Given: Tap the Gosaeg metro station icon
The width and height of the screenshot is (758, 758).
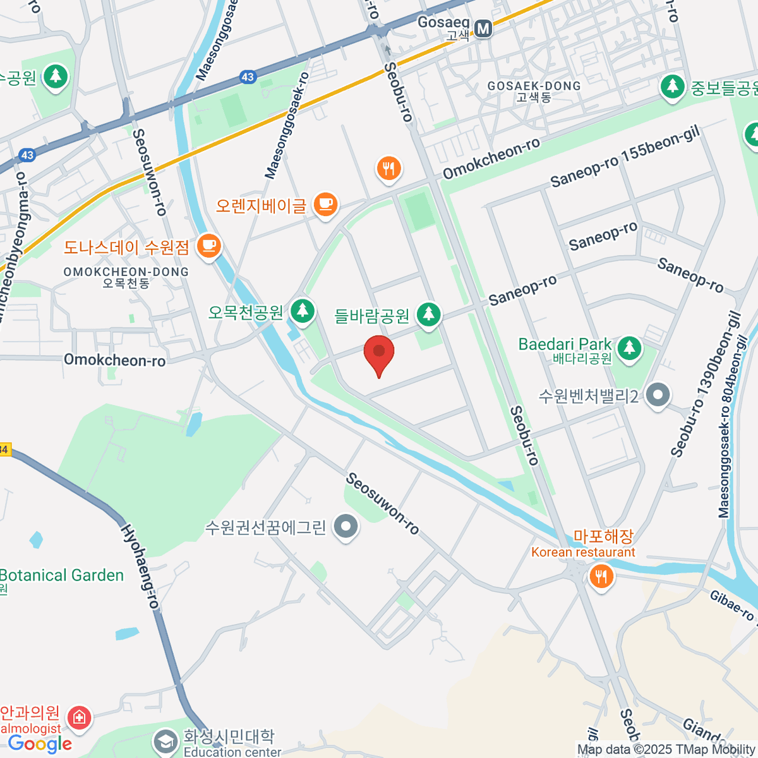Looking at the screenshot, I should coord(484,28).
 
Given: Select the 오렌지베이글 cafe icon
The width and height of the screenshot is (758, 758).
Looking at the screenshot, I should coord(325,205).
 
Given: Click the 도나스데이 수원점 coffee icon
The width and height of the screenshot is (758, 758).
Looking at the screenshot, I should coord(208,246).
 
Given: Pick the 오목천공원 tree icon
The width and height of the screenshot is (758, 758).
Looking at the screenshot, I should coord(303,311).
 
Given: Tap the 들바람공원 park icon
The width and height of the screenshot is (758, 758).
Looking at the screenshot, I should coord(429,314).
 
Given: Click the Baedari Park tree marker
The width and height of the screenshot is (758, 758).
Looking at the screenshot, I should coord(629,348).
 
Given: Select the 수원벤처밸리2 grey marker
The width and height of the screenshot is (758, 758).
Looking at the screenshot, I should coord(658,395).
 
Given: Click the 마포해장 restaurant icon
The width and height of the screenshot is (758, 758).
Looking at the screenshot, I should coord(601,577).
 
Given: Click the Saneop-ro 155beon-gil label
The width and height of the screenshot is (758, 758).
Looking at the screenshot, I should coord(625,158).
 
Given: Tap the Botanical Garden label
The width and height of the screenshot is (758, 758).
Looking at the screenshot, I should coord(62,575).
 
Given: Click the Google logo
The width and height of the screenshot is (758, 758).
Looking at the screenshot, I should coord(40,744).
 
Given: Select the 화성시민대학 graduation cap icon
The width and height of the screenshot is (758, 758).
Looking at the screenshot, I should coord(166,742).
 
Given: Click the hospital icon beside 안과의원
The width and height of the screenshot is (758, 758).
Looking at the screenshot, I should coord(79,718).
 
